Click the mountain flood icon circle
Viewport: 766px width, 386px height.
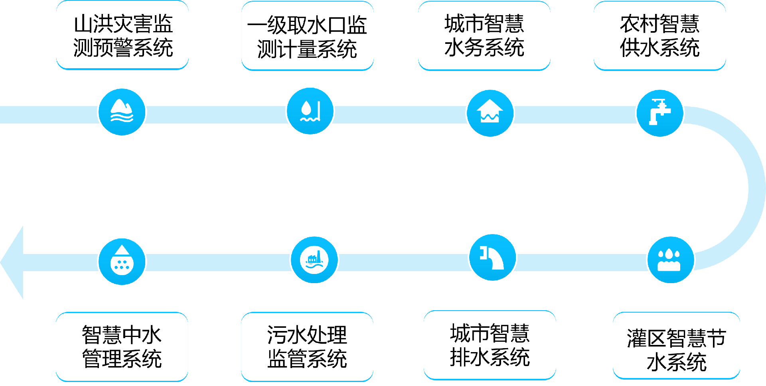click(122, 112)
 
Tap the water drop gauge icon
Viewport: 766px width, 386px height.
click(310, 111)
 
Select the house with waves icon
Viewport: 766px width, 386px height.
click(490, 113)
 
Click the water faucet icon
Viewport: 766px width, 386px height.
click(659, 113)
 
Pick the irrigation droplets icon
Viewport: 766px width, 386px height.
click(670, 260)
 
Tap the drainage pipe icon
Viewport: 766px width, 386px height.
click(492, 258)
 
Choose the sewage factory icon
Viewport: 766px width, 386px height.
click(314, 260)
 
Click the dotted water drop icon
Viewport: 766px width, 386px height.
click(122, 262)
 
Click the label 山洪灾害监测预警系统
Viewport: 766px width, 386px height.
click(123, 36)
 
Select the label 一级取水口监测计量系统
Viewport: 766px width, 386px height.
click(307, 37)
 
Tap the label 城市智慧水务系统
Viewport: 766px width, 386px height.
click(484, 36)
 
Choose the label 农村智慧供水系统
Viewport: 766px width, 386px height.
click(659, 36)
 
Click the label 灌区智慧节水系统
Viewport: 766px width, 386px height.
click(676, 350)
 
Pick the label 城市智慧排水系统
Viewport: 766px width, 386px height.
click(490, 345)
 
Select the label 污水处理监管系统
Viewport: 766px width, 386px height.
click(307, 347)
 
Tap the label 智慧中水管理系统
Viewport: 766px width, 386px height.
click(122, 347)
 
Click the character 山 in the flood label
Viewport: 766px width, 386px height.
click(84, 24)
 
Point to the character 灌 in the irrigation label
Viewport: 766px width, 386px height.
click(637, 339)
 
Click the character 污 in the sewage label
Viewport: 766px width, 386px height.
click(277, 335)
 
